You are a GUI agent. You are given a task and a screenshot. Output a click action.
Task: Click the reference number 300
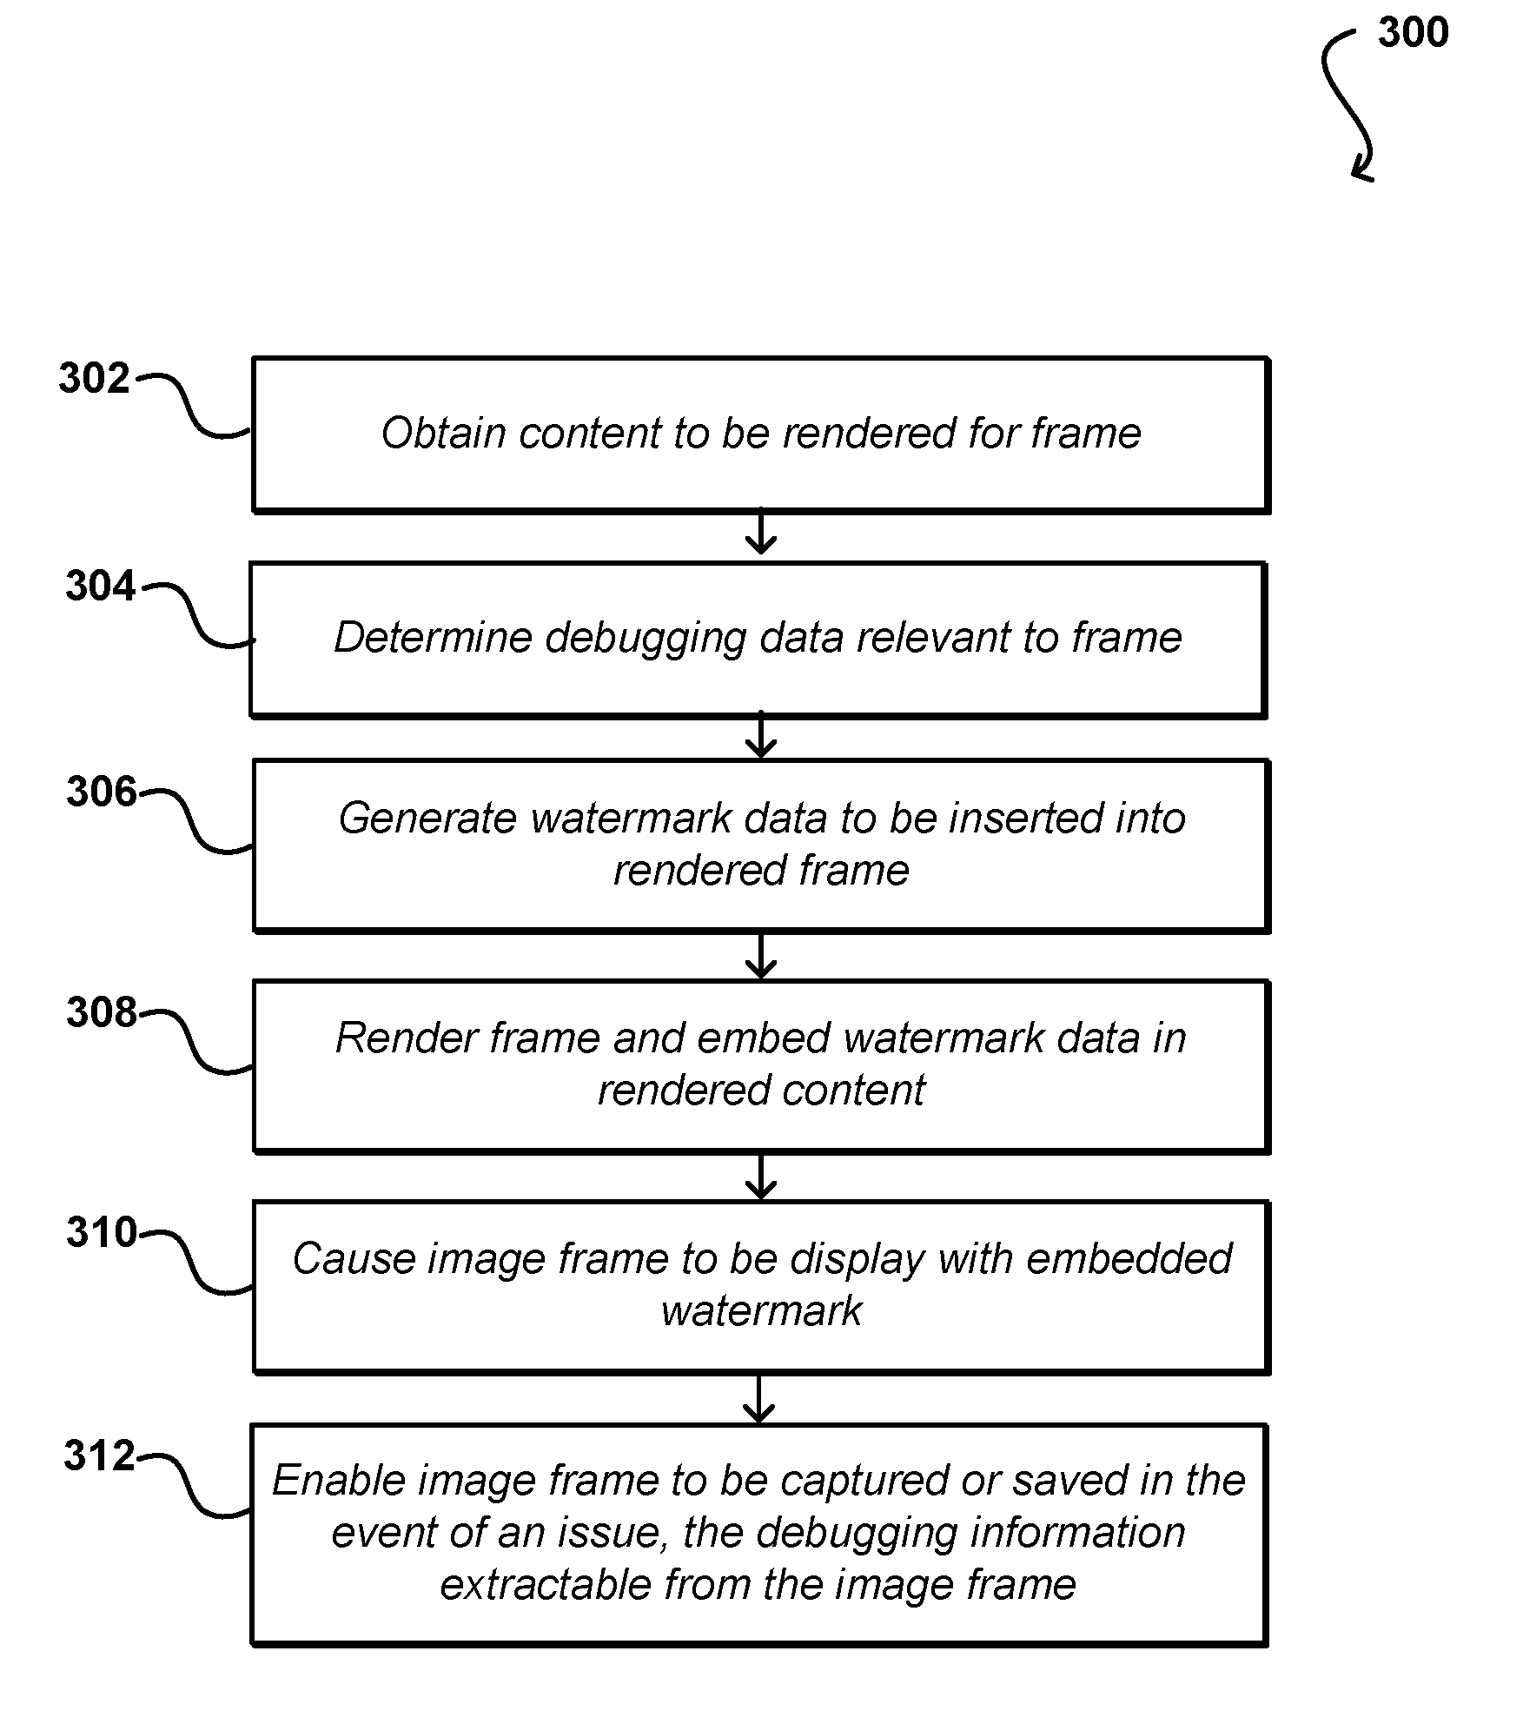(1413, 33)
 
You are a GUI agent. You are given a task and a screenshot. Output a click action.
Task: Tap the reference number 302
(94, 379)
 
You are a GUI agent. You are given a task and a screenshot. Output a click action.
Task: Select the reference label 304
(101, 587)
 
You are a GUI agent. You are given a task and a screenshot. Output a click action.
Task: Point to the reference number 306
(102, 792)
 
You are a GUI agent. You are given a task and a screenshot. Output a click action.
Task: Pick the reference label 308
(102, 1013)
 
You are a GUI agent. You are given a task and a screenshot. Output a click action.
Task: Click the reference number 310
(102, 1233)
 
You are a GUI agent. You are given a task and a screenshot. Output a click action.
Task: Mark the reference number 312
(100, 1456)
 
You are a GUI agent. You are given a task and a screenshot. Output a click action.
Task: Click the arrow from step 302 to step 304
(761, 532)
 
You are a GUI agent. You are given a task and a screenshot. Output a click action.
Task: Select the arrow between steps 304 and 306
(761, 735)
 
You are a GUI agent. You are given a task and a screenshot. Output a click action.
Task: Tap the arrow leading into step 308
(761, 956)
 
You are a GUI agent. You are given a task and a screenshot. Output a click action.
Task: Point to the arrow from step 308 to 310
(761, 1177)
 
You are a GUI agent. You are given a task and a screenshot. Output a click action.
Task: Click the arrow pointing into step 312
(759, 1399)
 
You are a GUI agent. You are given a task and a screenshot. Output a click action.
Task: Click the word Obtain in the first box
(443, 433)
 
